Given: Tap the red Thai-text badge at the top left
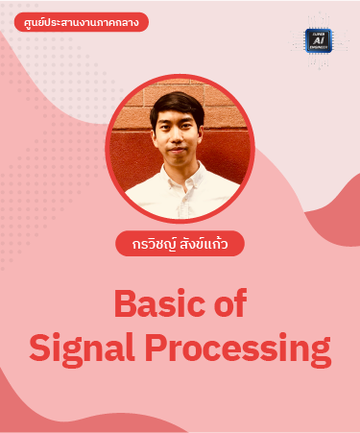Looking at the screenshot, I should point(75,22).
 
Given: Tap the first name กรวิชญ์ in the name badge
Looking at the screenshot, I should point(152,244).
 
